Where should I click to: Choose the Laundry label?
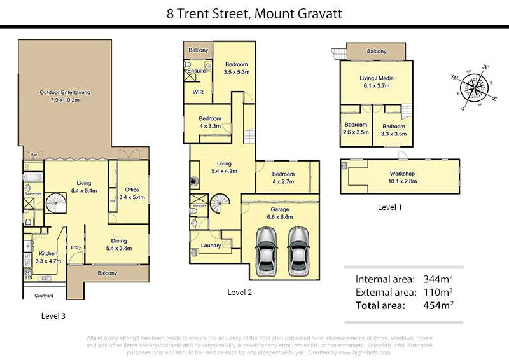(211, 245)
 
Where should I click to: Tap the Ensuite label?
(197, 71)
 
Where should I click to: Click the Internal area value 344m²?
(436, 279)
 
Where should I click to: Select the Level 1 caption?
(391, 207)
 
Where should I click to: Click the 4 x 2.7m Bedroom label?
(283, 177)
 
